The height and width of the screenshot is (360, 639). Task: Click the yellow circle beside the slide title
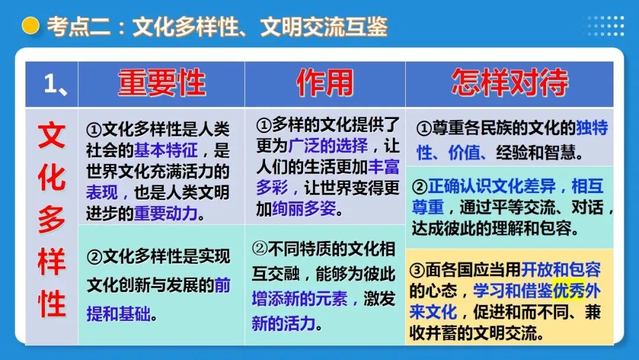coord(30,26)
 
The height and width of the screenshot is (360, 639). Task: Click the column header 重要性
coord(161,82)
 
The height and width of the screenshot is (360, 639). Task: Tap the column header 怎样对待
coord(509,82)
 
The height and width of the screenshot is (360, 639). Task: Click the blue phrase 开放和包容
coord(561,270)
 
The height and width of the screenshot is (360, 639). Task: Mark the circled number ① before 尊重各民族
coord(424,128)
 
